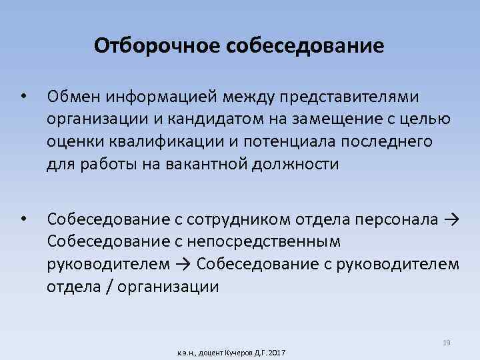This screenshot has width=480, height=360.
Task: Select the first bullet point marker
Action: (x=23, y=97)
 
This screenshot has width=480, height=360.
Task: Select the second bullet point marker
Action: (x=23, y=218)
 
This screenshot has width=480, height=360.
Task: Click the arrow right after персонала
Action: (x=450, y=219)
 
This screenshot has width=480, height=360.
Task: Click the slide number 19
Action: (x=447, y=343)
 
